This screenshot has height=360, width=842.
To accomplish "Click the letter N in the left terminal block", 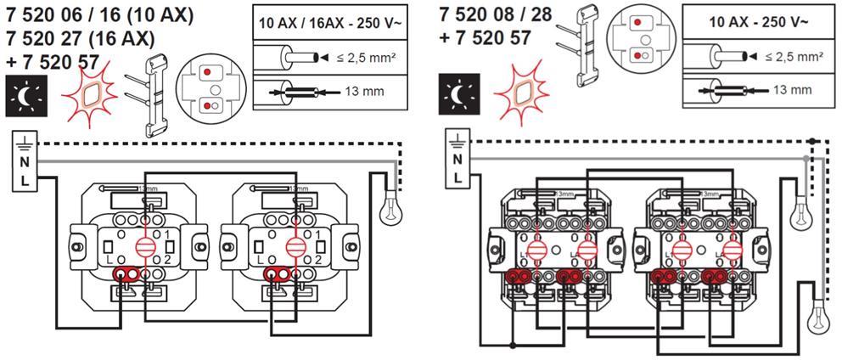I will pos(25,161).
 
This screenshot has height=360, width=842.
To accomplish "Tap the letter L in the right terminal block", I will pos(457,177).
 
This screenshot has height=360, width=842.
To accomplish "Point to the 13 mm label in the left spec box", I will pos(361,91).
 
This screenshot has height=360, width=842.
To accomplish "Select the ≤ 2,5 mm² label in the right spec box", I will pos(794,57).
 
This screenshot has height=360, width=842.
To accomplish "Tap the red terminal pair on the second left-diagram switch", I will pos(279,273).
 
